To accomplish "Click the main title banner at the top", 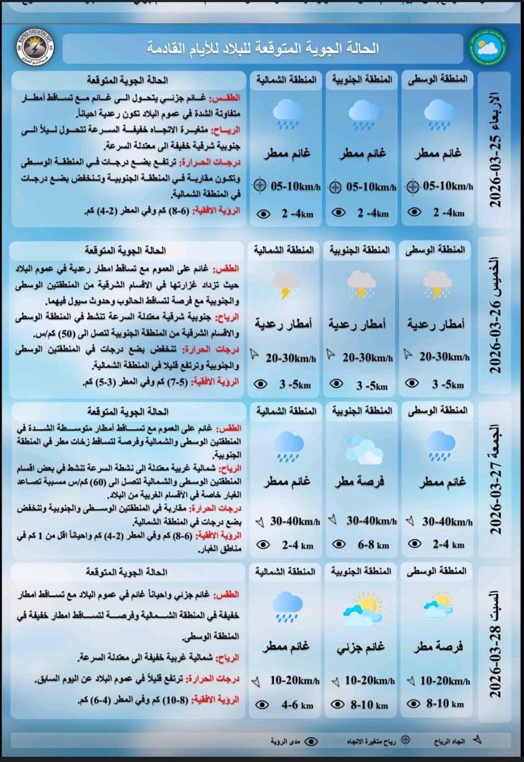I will [x=263, y=48].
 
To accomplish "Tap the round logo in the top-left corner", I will [x=36, y=47].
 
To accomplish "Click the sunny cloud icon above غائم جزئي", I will [x=363, y=608].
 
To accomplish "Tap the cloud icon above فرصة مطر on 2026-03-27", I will [x=364, y=449].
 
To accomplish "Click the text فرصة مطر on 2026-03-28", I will [x=441, y=647].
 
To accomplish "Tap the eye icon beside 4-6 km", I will [x=261, y=705].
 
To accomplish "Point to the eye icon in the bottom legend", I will [x=311, y=741].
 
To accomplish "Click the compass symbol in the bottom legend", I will [x=406, y=741].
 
